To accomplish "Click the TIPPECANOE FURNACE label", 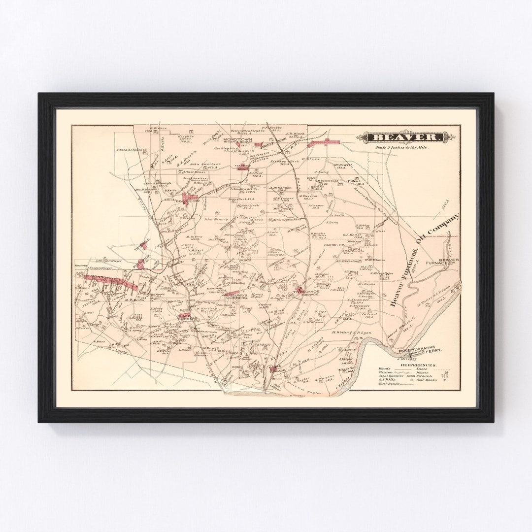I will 309,292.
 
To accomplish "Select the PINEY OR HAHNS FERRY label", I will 420,349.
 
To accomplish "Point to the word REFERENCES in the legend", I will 418,365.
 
